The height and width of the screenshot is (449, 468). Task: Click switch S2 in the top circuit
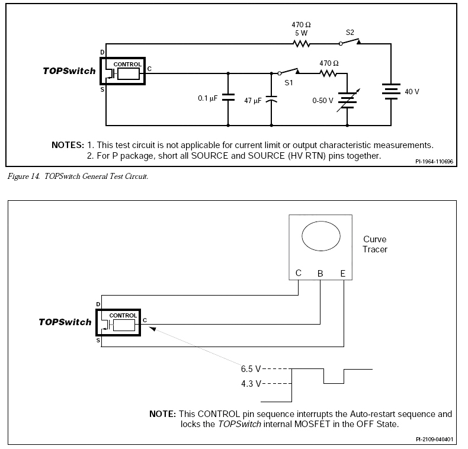[350, 42]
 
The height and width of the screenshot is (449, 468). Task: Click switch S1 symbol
[289, 71]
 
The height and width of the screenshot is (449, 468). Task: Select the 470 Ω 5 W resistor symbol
[302, 44]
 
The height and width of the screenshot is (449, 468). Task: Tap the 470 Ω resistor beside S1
[328, 73]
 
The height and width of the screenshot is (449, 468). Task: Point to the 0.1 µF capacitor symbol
[228, 97]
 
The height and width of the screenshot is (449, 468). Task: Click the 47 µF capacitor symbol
[271, 99]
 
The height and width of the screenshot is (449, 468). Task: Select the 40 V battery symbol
[391, 91]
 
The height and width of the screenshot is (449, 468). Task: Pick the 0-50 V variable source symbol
[348, 100]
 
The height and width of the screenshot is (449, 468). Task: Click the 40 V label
[412, 92]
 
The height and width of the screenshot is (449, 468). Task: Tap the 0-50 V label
[323, 101]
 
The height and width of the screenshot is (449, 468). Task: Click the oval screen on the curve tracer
[321, 236]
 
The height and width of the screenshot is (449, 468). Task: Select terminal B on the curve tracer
[320, 274]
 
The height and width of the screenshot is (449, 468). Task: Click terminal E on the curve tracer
[343, 274]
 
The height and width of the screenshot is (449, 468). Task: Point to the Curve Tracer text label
[375, 244]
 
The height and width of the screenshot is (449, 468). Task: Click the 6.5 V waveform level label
[251, 369]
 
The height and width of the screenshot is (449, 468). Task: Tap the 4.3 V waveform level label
[251, 384]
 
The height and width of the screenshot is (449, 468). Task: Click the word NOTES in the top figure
[68, 145]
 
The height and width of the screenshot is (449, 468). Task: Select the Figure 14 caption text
[78, 177]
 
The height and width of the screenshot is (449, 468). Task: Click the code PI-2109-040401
[434, 440]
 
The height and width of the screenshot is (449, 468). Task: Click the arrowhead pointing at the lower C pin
[152, 329]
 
